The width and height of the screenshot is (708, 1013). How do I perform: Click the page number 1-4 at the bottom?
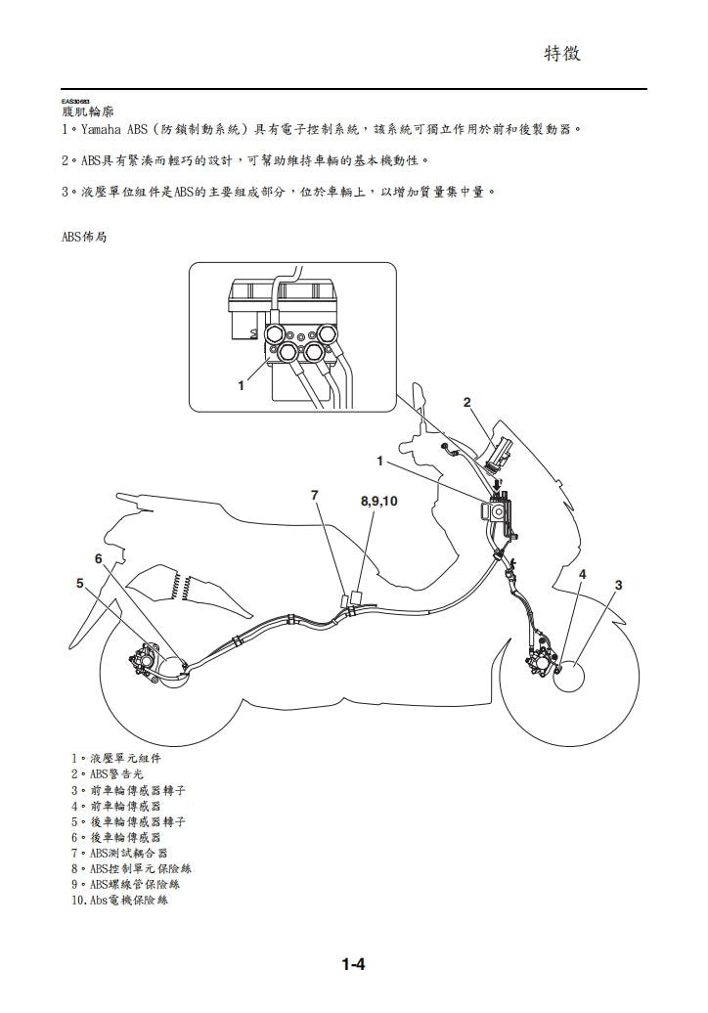(353, 965)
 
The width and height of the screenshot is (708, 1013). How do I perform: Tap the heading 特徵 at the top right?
(562, 54)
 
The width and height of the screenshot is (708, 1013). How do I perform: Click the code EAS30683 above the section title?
(74, 102)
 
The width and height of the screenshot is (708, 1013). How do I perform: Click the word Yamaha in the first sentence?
(102, 129)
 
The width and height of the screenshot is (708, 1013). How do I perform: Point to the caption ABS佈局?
(83, 238)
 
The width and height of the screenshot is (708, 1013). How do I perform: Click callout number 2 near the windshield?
(467, 402)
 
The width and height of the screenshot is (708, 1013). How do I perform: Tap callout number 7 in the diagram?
(315, 496)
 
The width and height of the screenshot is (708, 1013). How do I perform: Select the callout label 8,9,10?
(379, 501)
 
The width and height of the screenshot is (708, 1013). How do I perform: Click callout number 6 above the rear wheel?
(99, 558)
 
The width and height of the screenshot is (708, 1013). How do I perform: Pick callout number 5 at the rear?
(79, 584)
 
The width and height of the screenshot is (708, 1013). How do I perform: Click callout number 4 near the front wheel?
(583, 574)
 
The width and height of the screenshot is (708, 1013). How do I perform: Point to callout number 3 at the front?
(618, 585)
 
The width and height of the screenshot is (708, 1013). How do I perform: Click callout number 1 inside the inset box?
(241, 385)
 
